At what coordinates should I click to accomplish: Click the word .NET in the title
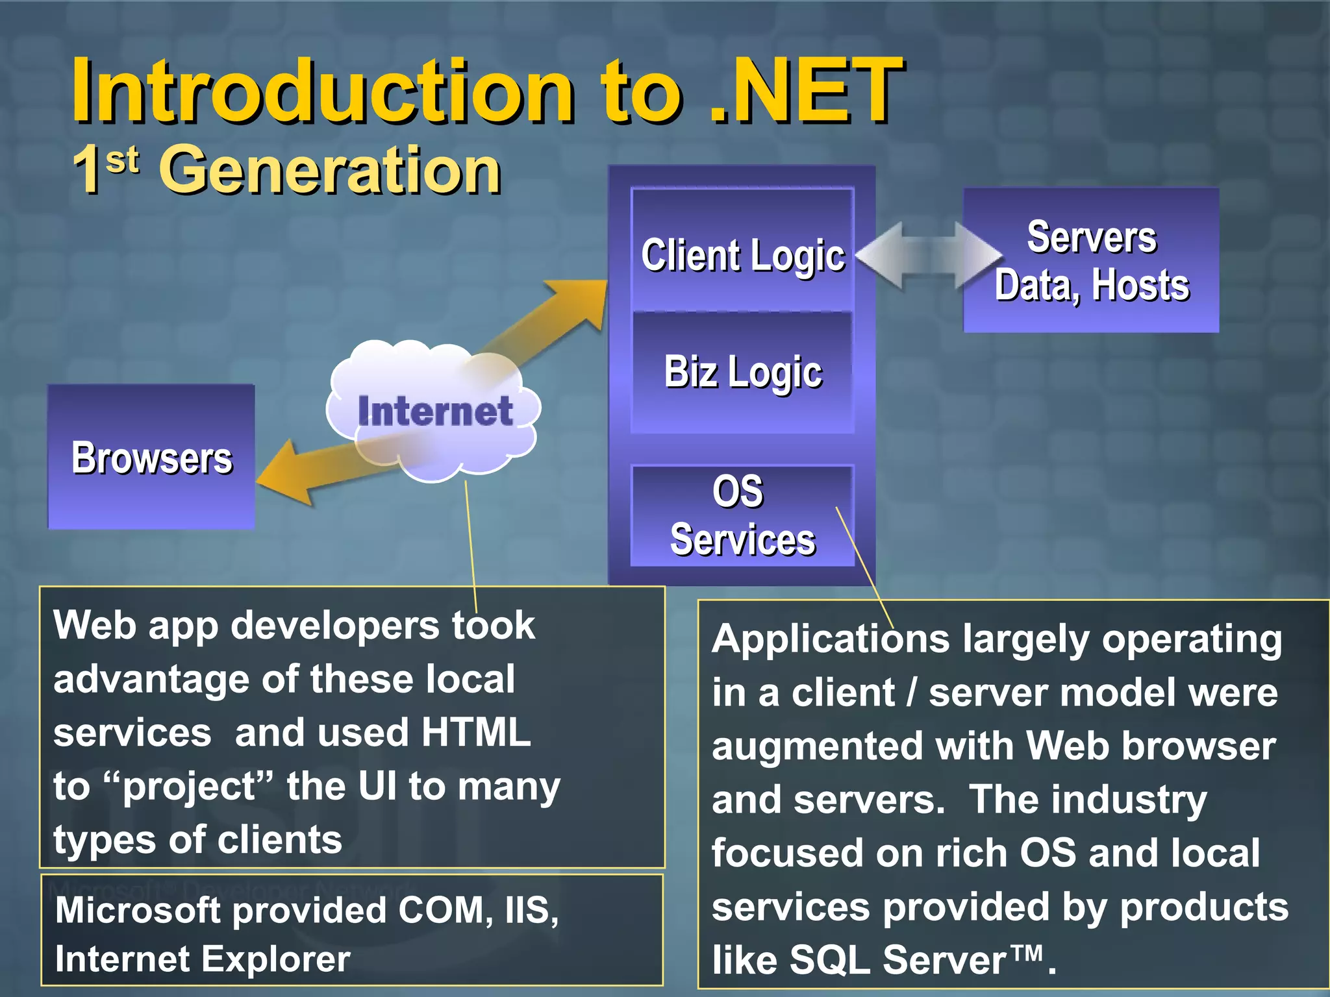[x=805, y=91]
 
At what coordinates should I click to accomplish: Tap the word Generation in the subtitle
[x=330, y=170]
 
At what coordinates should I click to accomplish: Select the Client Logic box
[x=742, y=253]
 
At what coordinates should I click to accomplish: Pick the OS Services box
[x=742, y=516]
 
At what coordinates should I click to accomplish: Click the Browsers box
[x=151, y=458]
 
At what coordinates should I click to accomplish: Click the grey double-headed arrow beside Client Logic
[x=929, y=256]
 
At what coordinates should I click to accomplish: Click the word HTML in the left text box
[x=476, y=733]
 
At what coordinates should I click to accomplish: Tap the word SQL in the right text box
[x=829, y=959]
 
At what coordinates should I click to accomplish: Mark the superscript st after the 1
[x=122, y=160]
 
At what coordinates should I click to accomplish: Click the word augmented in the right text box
[x=817, y=746]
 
